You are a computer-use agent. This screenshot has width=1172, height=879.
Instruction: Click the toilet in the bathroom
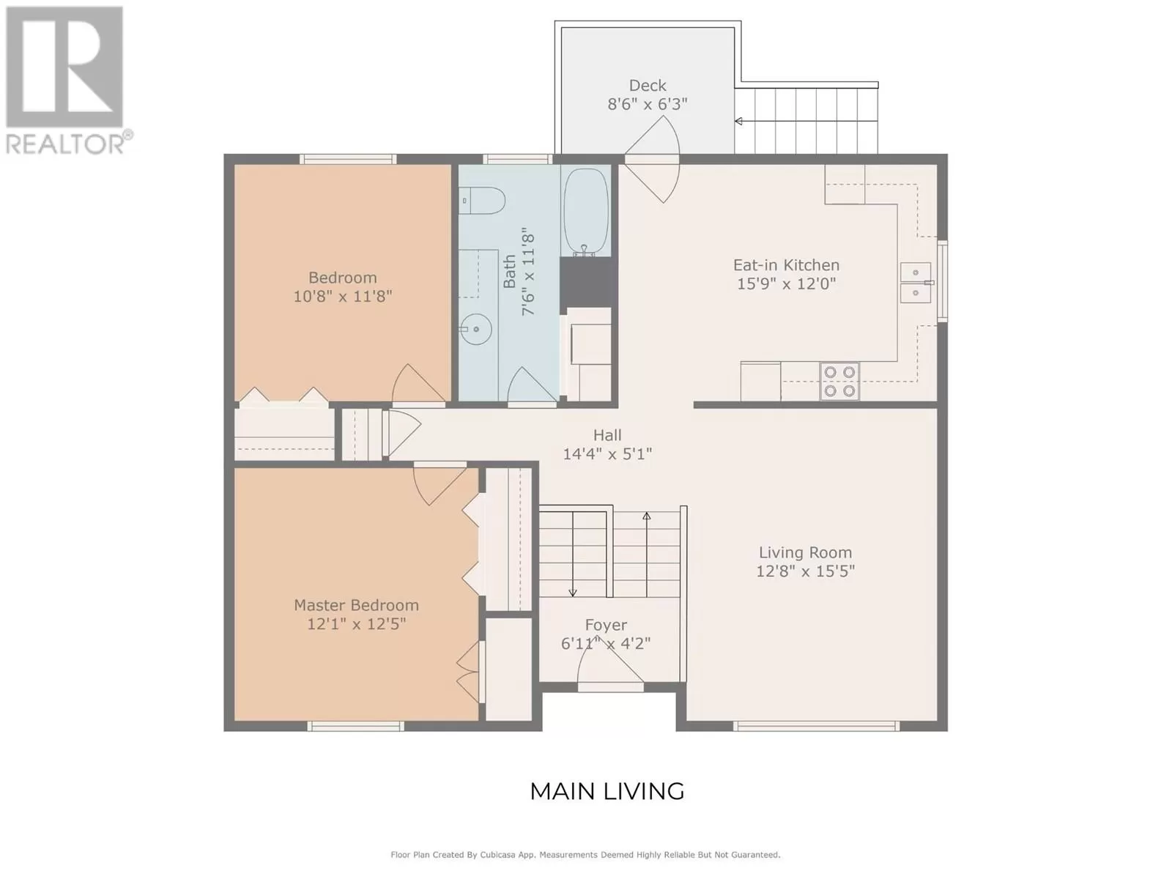pyautogui.click(x=481, y=200)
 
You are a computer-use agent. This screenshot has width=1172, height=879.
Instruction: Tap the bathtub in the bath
pyautogui.click(x=586, y=213)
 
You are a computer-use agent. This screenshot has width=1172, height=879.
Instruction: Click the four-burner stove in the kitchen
pyautogui.click(x=839, y=381)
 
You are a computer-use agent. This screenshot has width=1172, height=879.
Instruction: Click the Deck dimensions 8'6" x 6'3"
pyautogui.click(x=647, y=104)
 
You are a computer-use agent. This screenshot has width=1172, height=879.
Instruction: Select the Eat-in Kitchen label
pyautogui.click(x=786, y=264)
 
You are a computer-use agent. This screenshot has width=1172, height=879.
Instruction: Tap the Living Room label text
pyautogui.click(x=805, y=552)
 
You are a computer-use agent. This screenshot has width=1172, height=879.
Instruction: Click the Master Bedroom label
pyautogui.click(x=356, y=605)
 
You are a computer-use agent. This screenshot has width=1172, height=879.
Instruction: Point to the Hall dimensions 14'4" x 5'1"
pyautogui.click(x=608, y=454)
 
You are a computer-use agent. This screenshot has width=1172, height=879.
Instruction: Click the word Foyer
pyautogui.click(x=606, y=625)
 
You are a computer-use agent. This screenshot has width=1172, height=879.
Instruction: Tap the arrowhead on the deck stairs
pyautogui.click(x=738, y=121)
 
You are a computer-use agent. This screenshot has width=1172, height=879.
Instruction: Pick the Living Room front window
pyautogui.click(x=816, y=726)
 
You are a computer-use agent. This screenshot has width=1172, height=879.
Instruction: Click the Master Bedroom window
pyautogui.click(x=355, y=726)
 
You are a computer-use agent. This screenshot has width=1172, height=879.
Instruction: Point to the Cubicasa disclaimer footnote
pyautogui.click(x=585, y=855)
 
